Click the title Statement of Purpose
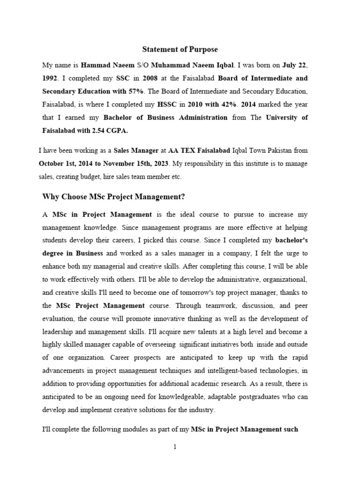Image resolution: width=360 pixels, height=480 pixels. point(180,49)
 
